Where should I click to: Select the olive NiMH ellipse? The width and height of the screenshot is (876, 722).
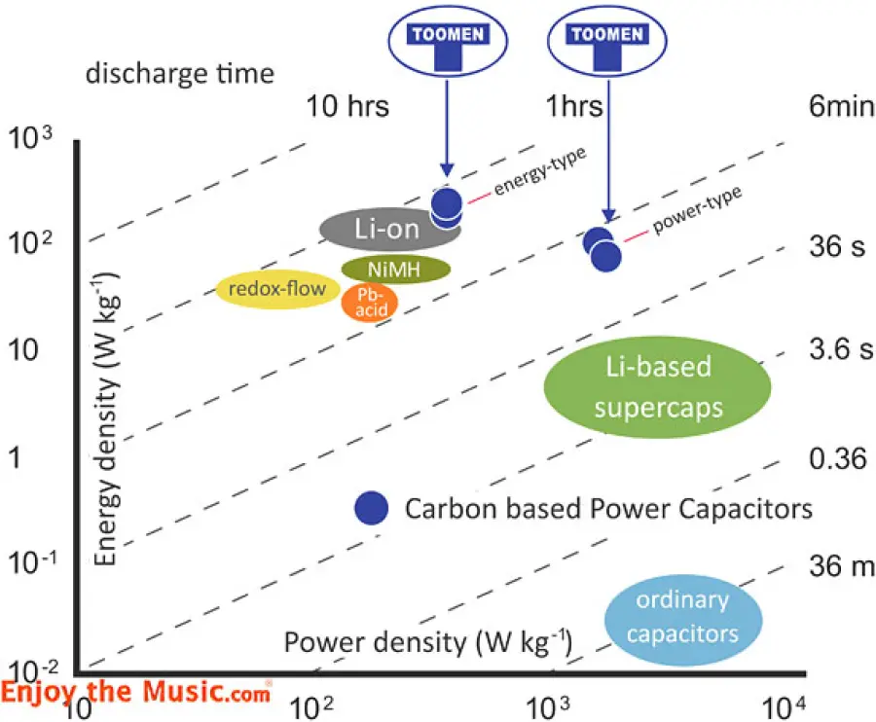tap(395, 270)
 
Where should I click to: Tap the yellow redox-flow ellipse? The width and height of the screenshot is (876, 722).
tap(277, 289)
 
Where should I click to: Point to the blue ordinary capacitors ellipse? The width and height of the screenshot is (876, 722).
tap(681, 617)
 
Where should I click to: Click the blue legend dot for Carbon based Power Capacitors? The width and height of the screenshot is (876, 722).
tap(371, 508)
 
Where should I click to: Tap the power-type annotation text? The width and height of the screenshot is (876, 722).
tap(697, 209)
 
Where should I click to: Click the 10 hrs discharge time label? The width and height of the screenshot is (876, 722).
tap(347, 106)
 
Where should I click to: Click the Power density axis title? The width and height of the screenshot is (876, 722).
tap(427, 641)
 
